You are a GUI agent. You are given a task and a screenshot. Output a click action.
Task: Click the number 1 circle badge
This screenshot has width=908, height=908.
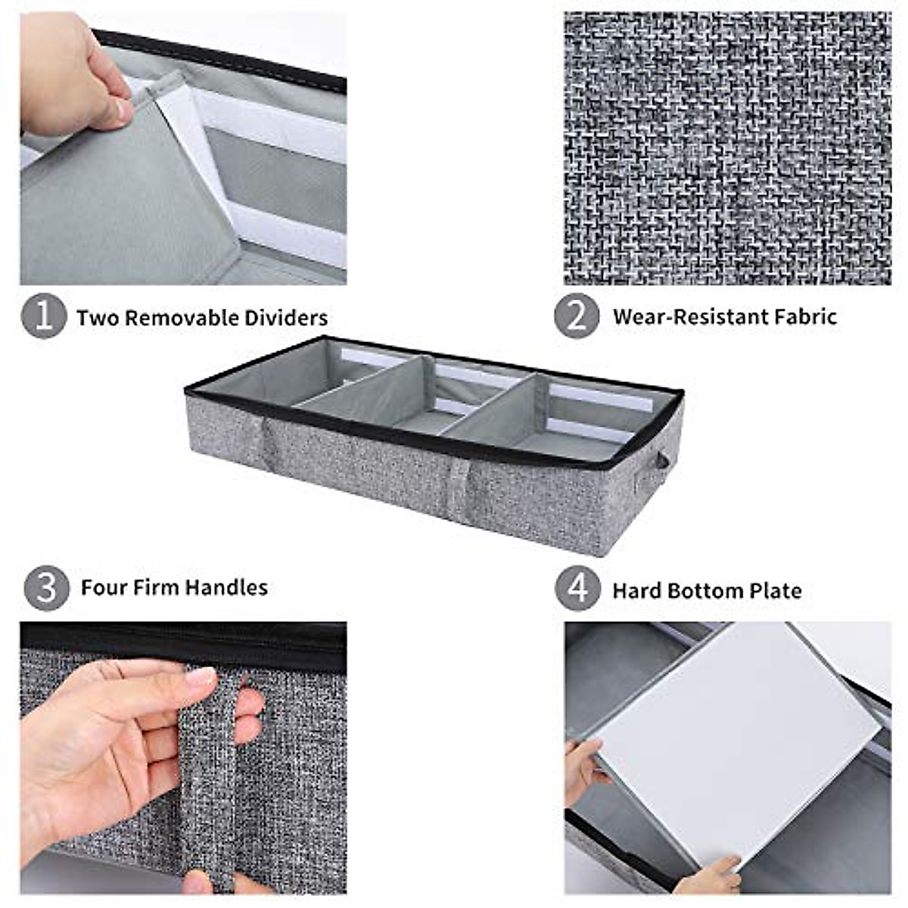[x=44, y=316]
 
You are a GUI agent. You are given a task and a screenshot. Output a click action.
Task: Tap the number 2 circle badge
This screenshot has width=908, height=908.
[x=577, y=316]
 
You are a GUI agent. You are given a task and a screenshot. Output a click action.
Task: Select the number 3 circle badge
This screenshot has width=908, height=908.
[x=46, y=588]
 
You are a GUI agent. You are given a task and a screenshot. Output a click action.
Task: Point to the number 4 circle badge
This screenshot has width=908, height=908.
[x=578, y=589]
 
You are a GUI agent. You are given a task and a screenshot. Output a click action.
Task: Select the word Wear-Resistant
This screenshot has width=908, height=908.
[x=689, y=316]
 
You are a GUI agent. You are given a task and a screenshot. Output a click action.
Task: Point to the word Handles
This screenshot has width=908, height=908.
[x=227, y=587]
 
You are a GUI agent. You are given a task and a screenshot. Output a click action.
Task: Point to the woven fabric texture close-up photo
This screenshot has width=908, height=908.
[x=727, y=148]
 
